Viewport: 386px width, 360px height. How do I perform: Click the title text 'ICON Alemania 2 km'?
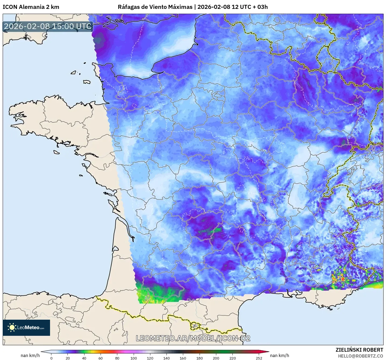(x=31, y=7)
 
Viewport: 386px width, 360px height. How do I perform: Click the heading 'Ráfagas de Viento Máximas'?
(x=155, y=7)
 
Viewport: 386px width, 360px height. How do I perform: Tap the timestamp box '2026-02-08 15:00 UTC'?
(x=48, y=26)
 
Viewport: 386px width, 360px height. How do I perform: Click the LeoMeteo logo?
(x=26, y=327)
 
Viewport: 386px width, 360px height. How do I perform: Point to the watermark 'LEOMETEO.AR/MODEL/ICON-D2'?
(x=193, y=338)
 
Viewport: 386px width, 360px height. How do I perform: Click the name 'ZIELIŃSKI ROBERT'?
(x=359, y=350)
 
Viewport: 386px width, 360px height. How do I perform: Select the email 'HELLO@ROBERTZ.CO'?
(x=360, y=356)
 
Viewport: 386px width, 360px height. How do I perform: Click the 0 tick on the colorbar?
(x=51, y=358)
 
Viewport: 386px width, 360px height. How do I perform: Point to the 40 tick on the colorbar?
(x=84, y=358)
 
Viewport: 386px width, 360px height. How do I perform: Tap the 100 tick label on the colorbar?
(x=134, y=358)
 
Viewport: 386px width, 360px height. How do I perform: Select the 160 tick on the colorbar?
(x=183, y=358)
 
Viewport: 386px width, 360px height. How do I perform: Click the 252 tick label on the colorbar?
(x=259, y=358)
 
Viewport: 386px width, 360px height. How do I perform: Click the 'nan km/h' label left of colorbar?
(x=30, y=355)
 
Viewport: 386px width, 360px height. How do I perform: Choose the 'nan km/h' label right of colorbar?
(x=279, y=355)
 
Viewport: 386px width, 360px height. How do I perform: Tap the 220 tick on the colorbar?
(x=232, y=358)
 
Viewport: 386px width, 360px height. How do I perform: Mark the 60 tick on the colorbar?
(x=101, y=358)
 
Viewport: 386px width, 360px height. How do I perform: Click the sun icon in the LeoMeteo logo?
(x=12, y=327)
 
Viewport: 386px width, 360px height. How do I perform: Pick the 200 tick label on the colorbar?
(x=216, y=358)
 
